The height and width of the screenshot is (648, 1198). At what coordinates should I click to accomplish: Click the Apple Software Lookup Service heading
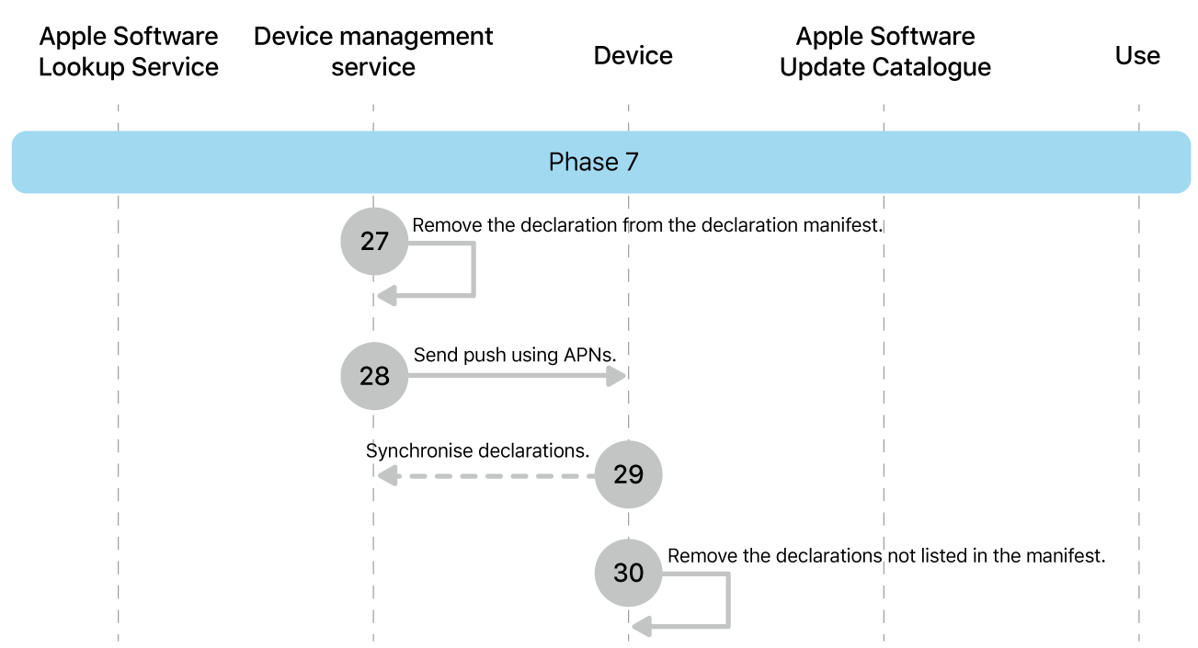click(129, 51)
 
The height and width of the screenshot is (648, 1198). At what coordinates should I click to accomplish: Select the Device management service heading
click(373, 51)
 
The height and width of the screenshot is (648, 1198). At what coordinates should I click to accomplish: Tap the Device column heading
click(633, 56)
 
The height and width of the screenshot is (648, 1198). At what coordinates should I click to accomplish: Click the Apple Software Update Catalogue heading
click(884, 51)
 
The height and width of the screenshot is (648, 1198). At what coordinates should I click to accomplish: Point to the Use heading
click(1137, 56)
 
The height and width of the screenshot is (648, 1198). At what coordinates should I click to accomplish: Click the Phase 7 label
click(593, 163)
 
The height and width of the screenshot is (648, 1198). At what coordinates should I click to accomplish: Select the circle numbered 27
click(374, 242)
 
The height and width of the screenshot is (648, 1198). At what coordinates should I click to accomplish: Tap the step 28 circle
click(374, 376)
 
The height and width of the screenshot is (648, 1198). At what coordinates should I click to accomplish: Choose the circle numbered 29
click(628, 475)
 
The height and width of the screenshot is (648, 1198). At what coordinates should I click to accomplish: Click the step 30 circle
click(628, 574)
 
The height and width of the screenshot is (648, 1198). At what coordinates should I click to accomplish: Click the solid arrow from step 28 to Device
click(515, 376)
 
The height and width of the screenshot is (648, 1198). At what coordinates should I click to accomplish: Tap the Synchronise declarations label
click(476, 451)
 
